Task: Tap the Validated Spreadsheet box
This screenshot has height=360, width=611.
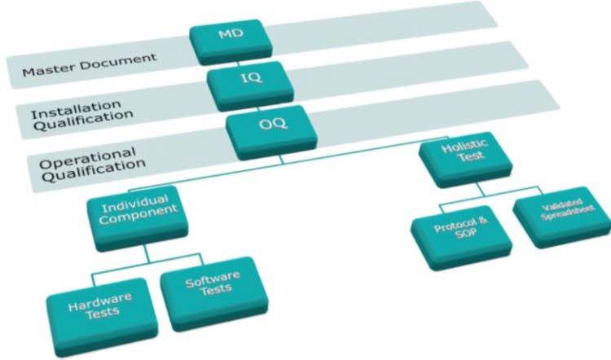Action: tap(562, 217)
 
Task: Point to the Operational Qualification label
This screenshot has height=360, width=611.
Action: tap(93, 160)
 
